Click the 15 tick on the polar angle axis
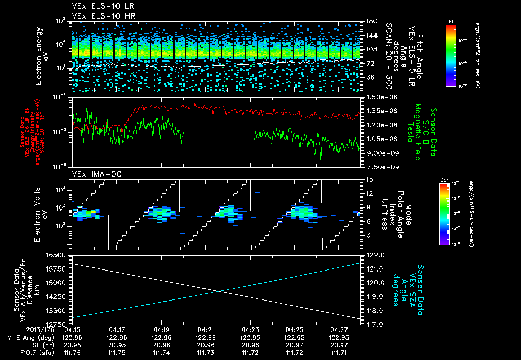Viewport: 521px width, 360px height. coord(369,179)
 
